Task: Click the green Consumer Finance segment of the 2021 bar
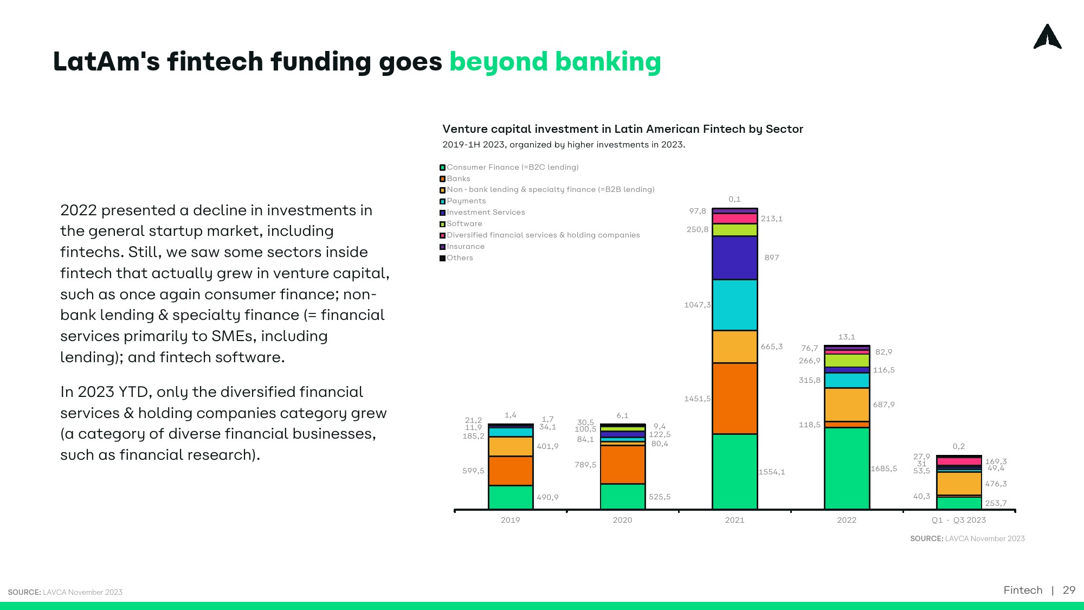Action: [x=734, y=471]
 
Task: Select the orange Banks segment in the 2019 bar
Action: [x=511, y=471]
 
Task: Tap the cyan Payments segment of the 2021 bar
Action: [x=734, y=305]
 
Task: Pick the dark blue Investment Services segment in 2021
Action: [x=734, y=258]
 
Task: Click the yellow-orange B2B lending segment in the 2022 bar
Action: [x=847, y=404]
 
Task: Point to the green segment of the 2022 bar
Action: [x=847, y=468]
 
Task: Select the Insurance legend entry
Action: [x=462, y=247]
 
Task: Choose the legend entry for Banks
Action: [x=455, y=179]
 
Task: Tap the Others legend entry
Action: [x=456, y=258]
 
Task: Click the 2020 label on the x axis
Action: [x=623, y=520]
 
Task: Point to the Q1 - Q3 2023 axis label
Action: [x=959, y=520]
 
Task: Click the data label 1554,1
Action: [x=772, y=472]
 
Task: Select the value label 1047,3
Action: [x=698, y=305]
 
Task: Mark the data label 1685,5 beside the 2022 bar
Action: [x=884, y=468]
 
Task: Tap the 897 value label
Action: [x=772, y=258]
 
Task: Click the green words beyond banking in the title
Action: [x=556, y=62]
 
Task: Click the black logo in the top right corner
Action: [x=1048, y=36]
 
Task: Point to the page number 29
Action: [x=1069, y=590]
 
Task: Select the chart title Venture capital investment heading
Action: [x=623, y=129]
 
